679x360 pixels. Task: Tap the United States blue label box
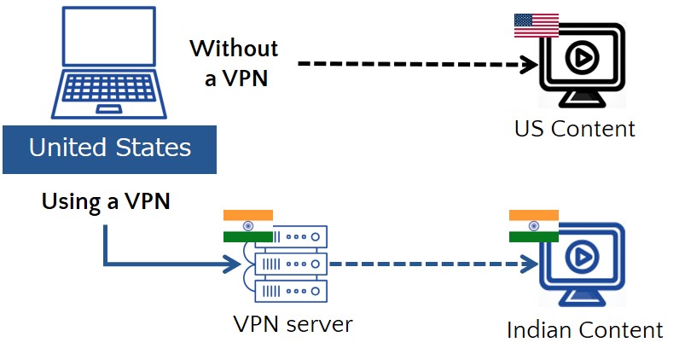coord(109,148)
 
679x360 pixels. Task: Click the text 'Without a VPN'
coord(233,62)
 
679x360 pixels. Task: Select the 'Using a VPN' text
coord(106,202)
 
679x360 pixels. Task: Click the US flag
coord(536,26)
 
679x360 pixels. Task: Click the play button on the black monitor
coord(582,57)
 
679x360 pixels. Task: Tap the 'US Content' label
coord(575,129)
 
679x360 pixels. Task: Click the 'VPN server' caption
coord(292,324)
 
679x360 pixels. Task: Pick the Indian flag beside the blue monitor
coord(533,225)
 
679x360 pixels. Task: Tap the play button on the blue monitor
coord(582,257)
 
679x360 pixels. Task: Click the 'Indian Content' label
coord(584,330)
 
